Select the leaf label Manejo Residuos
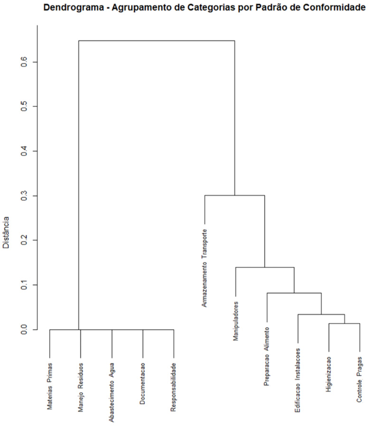point(81,385)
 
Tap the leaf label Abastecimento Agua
point(112,390)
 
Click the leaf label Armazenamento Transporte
point(205,268)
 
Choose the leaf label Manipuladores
point(235,321)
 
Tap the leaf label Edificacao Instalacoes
point(298,381)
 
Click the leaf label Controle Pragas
point(359,379)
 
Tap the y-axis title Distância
point(7,233)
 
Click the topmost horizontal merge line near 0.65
point(157,41)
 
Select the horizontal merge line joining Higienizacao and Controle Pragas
point(344,323)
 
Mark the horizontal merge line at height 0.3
point(234,195)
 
